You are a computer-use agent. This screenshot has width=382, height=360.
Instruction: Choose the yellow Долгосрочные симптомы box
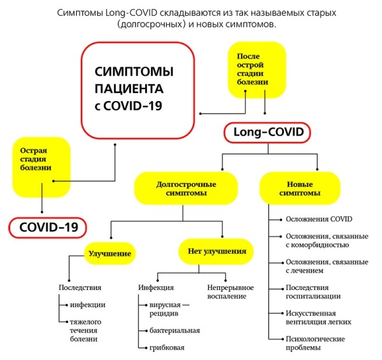[186, 188]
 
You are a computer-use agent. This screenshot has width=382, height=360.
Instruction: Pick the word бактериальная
[174, 330]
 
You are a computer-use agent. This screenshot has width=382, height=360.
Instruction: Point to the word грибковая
[167, 348]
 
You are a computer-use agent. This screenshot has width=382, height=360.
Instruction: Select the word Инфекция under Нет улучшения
[156, 287]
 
